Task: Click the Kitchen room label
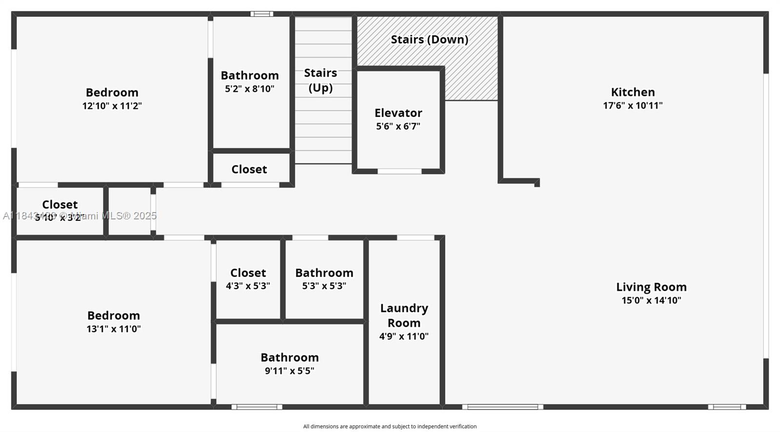(x=633, y=92)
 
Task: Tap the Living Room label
(x=651, y=287)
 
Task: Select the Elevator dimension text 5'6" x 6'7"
(x=398, y=126)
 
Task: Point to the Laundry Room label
(x=404, y=315)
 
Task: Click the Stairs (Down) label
(x=429, y=39)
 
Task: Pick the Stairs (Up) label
(x=321, y=80)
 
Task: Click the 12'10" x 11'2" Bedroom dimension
(x=112, y=106)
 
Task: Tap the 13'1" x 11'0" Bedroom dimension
(x=114, y=329)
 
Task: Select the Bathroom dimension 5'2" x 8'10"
(x=250, y=89)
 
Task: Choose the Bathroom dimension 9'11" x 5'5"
(x=290, y=371)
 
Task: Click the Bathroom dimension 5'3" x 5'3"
(x=324, y=286)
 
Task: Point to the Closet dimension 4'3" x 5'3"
(x=248, y=286)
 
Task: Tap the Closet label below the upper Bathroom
(x=249, y=169)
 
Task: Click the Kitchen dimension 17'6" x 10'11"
(x=633, y=105)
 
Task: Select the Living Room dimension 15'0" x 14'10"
(x=651, y=300)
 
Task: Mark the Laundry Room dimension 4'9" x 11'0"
(x=404, y=336)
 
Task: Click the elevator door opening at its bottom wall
(x=399, y=172)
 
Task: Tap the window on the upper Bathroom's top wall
(x=262, y=14)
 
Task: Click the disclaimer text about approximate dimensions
(x=390, y=427)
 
